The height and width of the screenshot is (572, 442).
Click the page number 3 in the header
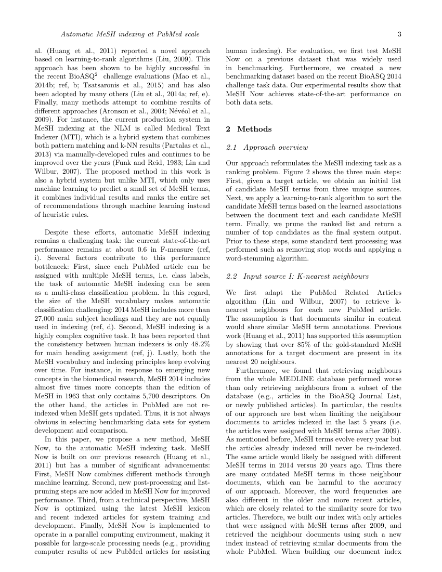pos(399,34)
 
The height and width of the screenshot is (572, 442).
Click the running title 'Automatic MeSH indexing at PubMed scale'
pos(130,34)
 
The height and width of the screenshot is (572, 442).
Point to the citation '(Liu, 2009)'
pos(191,59)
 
